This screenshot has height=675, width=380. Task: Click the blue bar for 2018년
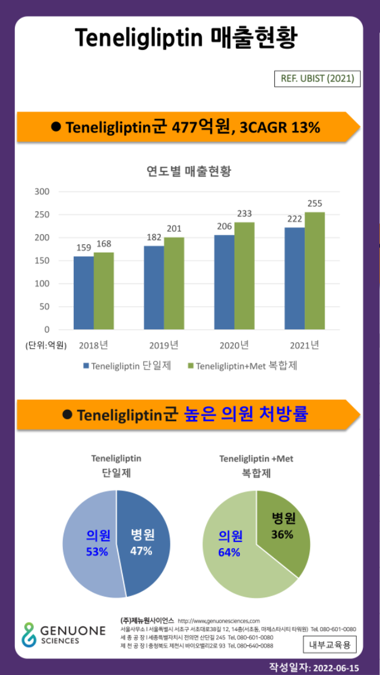[84, 293]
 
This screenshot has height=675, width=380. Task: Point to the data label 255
[315, 203]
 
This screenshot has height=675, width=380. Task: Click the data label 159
[84, 248]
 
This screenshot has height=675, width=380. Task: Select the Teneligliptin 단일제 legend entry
[127, 366]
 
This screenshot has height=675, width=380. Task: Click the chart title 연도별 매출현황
[189, 172]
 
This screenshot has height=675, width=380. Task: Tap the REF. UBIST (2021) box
[317, 78]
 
